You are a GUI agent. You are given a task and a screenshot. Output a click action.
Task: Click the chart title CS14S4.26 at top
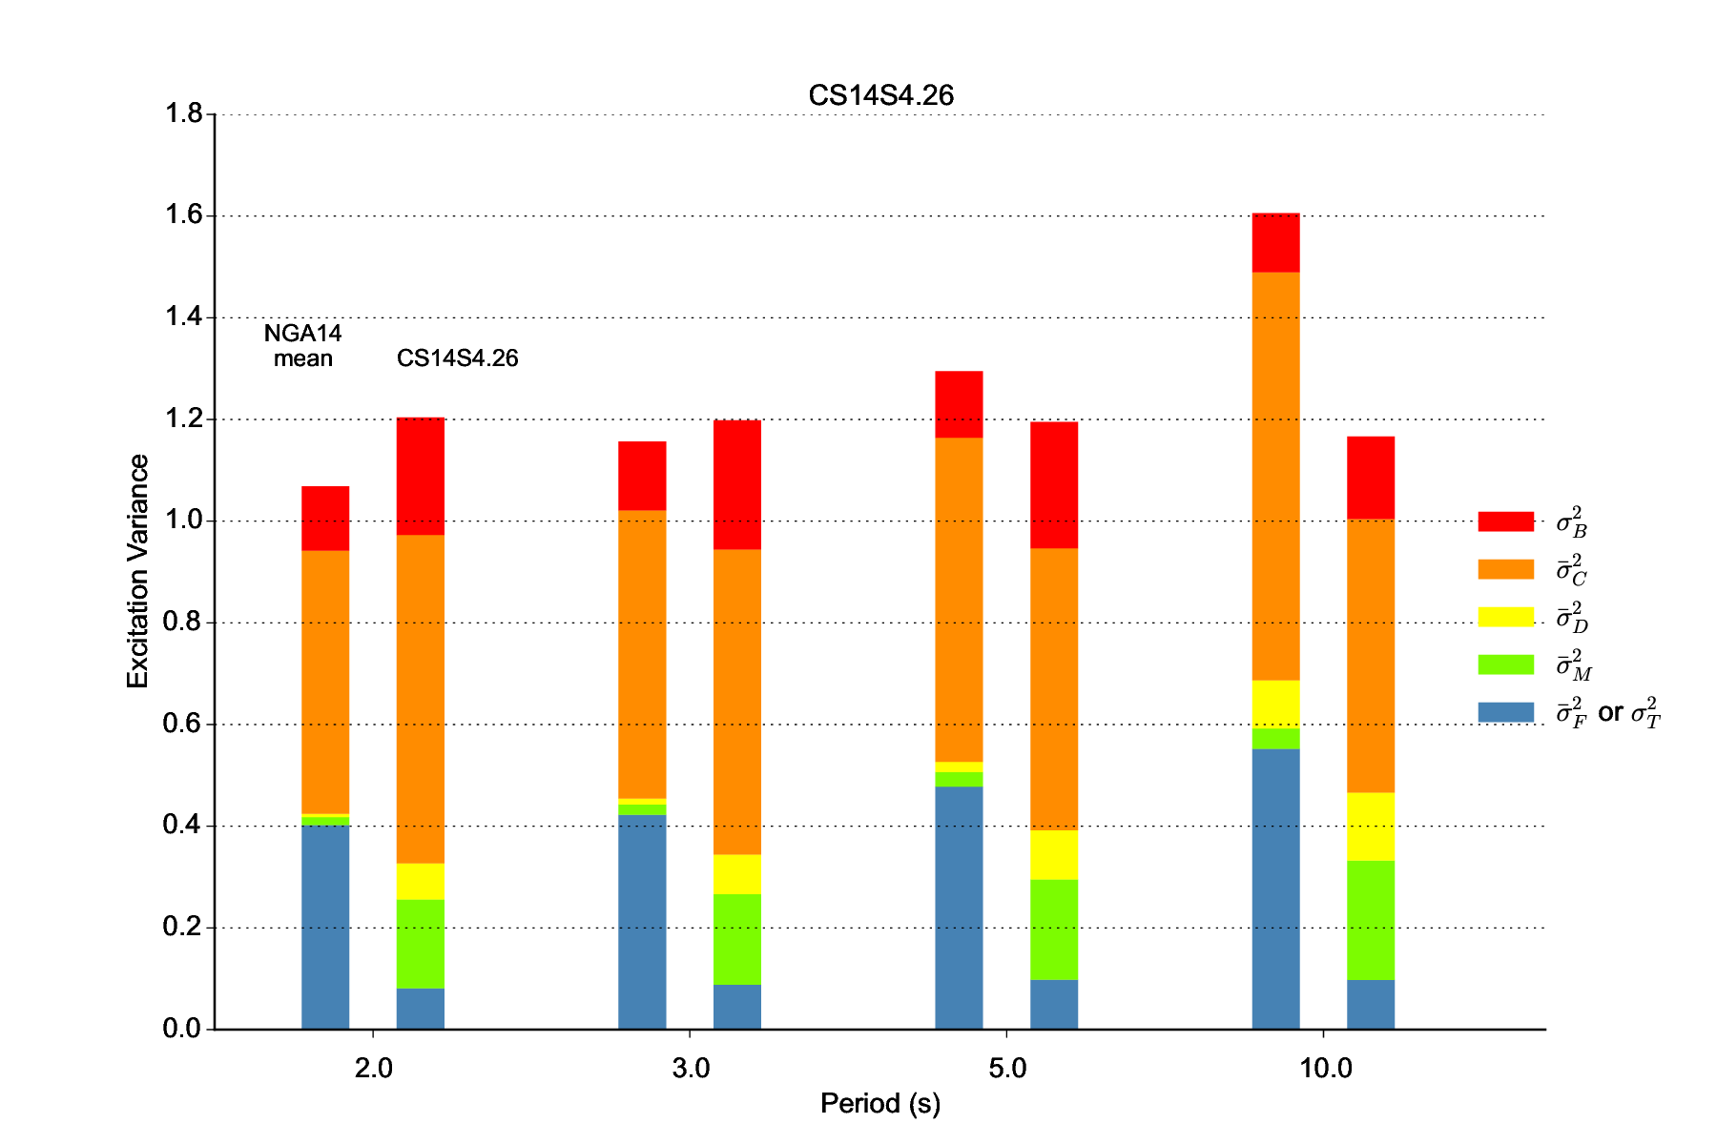[x=880, y=95]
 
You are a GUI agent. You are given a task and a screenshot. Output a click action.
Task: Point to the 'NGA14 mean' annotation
[x=302, y=346]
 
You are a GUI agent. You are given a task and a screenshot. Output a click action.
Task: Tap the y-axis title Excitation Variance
[x=138, y=571]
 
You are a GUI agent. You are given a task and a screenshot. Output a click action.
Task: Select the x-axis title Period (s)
[x=880, y=1104]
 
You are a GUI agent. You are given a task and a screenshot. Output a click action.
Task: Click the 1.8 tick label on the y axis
[x=183, y=114]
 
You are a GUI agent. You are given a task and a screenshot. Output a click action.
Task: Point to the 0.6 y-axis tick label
[x=183, y=725]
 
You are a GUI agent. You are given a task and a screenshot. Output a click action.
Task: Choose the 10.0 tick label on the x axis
[x=1326, y=1069]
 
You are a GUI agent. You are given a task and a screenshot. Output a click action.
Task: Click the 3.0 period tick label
[x=691, y=1069]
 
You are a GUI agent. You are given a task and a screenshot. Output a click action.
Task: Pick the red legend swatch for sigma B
[x=1505, y=521]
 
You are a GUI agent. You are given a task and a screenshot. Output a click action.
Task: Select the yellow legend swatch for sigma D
[x=1505, y=617]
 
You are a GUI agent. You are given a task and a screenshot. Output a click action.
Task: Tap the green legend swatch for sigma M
[x=1505, y=664]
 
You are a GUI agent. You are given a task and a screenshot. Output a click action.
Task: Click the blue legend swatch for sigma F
[x=1505, y=712]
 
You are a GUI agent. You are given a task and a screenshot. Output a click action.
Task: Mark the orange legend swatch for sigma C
[x=1505, y=569]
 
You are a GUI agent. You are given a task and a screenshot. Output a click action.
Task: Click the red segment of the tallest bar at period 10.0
[x=1275, y=243]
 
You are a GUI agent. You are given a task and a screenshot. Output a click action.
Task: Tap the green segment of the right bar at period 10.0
[x=1371, y=920]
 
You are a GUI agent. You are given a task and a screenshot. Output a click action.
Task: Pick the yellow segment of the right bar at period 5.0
[x=1054, y=855]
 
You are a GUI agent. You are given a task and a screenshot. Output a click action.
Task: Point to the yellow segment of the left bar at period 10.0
[x=1275, y=705]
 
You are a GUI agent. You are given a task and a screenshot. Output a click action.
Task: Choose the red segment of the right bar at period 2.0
[x=421, y=476]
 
